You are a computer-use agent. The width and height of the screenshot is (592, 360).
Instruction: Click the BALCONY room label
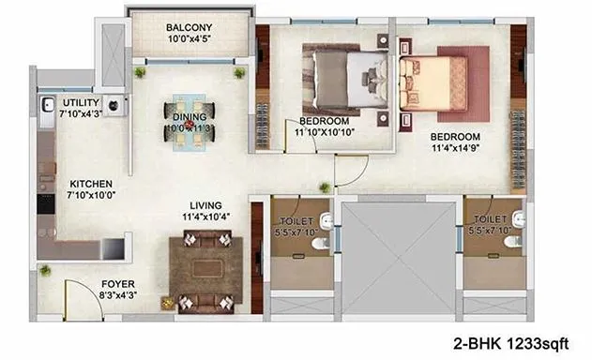pos(188,27)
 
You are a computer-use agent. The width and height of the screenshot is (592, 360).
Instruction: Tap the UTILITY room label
pos(82,101)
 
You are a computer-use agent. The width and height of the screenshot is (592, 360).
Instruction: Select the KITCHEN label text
pos(92,184)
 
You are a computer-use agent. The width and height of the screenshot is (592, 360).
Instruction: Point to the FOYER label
pos(118,282)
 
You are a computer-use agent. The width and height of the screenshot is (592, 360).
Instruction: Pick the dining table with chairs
pos(190,123)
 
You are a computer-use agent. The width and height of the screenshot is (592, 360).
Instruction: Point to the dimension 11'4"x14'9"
pos(460,147)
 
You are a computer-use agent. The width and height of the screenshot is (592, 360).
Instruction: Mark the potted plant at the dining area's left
pos(140,72)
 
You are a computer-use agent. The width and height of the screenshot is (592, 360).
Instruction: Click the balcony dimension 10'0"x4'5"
pos(188,39)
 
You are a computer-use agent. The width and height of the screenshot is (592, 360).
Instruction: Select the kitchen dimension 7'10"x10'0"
pos(92,196)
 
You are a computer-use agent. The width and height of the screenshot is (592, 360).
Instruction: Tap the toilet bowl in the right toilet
pos(510,242)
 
